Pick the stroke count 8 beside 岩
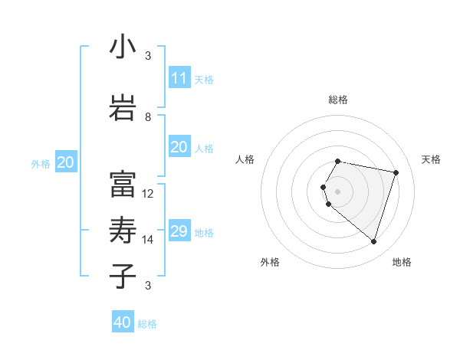148,117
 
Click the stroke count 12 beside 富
148,194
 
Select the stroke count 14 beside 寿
148,240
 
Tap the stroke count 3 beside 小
148,56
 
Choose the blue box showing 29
179,231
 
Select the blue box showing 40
123,322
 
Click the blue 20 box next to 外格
66,162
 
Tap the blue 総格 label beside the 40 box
147,324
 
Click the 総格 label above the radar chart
338,100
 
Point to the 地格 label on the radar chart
402,262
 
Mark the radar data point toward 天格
396,172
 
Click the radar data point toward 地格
373,242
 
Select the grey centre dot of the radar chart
338,191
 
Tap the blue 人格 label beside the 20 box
204,148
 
